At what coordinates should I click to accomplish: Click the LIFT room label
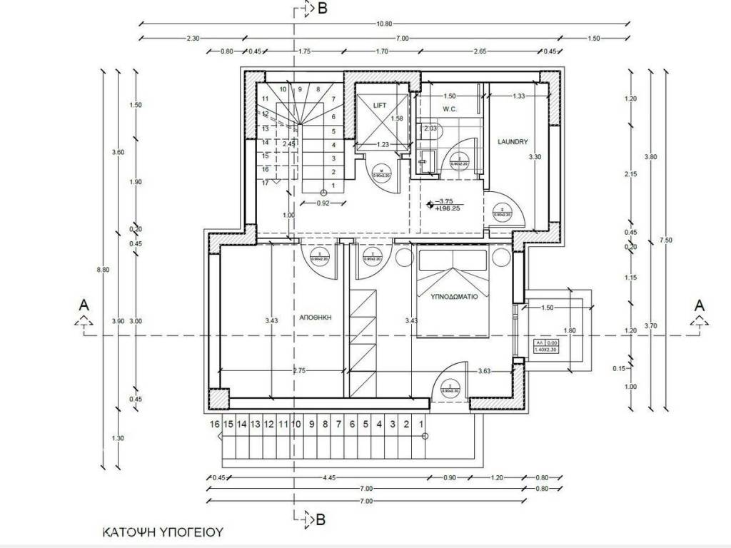coord(380,105)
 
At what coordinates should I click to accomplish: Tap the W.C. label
coord(449,109)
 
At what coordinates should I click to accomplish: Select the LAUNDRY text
coord(512,141)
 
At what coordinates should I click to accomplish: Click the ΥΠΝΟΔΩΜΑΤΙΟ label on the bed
coord(453,294)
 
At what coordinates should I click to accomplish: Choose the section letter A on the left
coord(84,305)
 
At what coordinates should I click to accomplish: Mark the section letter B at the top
coord(322,9)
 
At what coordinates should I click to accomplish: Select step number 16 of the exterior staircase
coord(214,424)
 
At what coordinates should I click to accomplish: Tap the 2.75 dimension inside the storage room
coord(298,371)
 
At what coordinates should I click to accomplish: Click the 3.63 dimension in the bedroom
coord(485,371)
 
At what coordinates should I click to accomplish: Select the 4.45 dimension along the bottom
coord(329,478)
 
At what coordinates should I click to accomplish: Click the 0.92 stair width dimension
coord(323,203)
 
